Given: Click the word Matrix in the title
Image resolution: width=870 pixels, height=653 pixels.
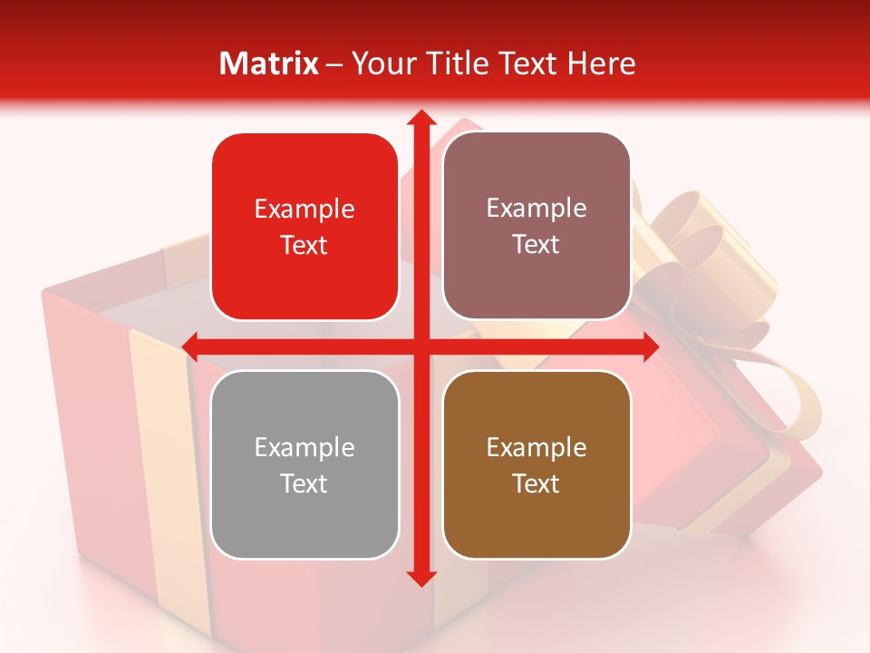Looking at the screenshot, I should tap(269, 63).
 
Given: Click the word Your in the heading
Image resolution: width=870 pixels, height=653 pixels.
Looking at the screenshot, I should tap(382, 63).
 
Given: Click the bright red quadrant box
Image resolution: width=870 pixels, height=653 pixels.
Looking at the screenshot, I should tap(304, 227).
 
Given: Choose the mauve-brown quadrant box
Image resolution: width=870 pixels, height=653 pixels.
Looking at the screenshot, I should tap(536, 226).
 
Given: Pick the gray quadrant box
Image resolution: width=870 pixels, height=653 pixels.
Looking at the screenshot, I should tap(304, 464).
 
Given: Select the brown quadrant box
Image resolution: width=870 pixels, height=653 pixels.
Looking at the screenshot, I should tap(536, 464).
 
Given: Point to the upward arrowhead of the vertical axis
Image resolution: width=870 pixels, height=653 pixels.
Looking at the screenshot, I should tap(420, 118).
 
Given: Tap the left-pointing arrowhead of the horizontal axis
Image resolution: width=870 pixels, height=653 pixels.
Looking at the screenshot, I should tap(191, 346).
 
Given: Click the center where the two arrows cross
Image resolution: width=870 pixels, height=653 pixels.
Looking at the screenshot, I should tap(420, 346).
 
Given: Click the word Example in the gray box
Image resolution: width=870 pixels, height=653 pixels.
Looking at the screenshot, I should tap(304, 447).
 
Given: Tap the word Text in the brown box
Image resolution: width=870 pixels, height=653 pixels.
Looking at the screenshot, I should tap(536, 483).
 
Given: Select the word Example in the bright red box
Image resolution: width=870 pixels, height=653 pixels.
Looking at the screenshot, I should tap(304, 210).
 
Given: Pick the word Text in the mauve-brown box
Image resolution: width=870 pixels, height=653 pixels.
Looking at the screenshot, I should tap(536, 245).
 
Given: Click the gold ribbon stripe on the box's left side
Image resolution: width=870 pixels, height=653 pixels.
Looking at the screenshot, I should tap(159, 408).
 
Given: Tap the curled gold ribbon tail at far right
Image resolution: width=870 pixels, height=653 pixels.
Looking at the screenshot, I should tap(797, 399).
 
